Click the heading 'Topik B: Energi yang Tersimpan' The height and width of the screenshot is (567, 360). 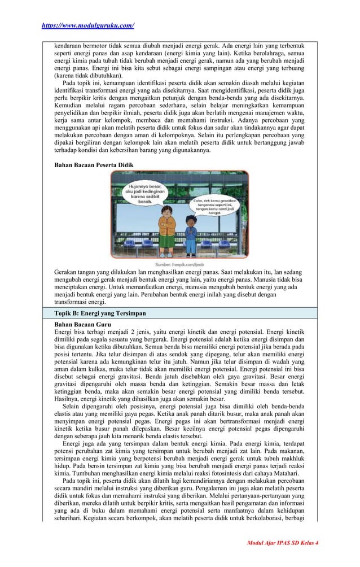(100, 312)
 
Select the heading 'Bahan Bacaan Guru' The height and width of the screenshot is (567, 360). (82, 325)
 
